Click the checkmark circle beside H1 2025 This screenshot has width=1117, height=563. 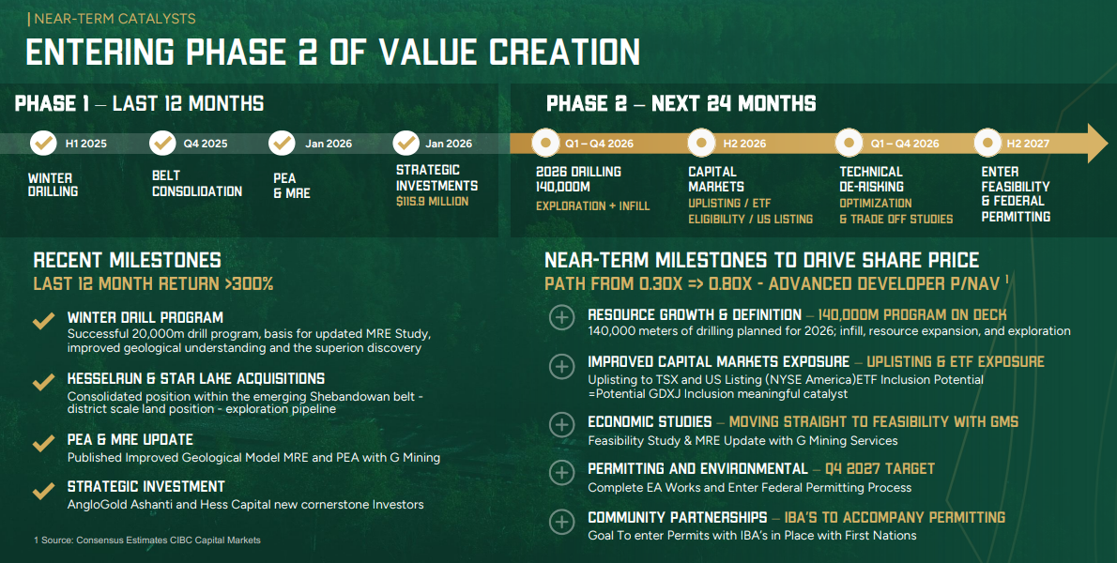pyautogui.click(x=43, y=144)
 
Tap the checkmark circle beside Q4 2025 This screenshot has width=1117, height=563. pyautogui.click(x=163, y=144)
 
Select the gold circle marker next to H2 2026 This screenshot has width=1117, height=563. pyautogui.click(x=702, y=144)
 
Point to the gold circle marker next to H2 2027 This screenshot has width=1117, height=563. pyautogui.click(x=987, y=144)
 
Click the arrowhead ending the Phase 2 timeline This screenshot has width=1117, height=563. pyautogui.click(x=1095, y=144)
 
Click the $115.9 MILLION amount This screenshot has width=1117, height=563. pyautogui.click(x=432, y=202)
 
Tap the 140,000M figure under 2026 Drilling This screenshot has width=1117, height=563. pyautogui.click(x=563, y=187)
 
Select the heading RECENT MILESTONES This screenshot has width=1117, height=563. pyautogui.click(x=127, y=260)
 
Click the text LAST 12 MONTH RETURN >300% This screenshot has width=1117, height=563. pyautogui.click(x=153, y=283)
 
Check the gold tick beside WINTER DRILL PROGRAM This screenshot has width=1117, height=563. pyautogui.click(x=43, y=321)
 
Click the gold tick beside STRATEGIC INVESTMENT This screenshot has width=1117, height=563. pyautogui.click(x=43, y=490)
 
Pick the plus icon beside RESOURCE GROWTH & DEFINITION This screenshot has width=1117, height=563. pyautogui.click(x=561, y=317)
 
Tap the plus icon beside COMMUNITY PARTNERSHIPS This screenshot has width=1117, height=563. pyautogui.click(x=561, y=521)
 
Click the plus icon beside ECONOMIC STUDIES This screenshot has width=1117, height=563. pyautogui.click(x=561, y=424)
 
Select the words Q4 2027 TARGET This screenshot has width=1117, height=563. pyautogui.click(x=880, y=468)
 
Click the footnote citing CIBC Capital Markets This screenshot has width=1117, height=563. pyautogui.click(x=147, y=540)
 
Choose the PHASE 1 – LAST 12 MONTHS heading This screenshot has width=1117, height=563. pyautogui.click(x=139, y=103)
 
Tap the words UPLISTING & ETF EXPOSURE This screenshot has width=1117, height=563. pyautogui.click(x=955, y=361)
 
